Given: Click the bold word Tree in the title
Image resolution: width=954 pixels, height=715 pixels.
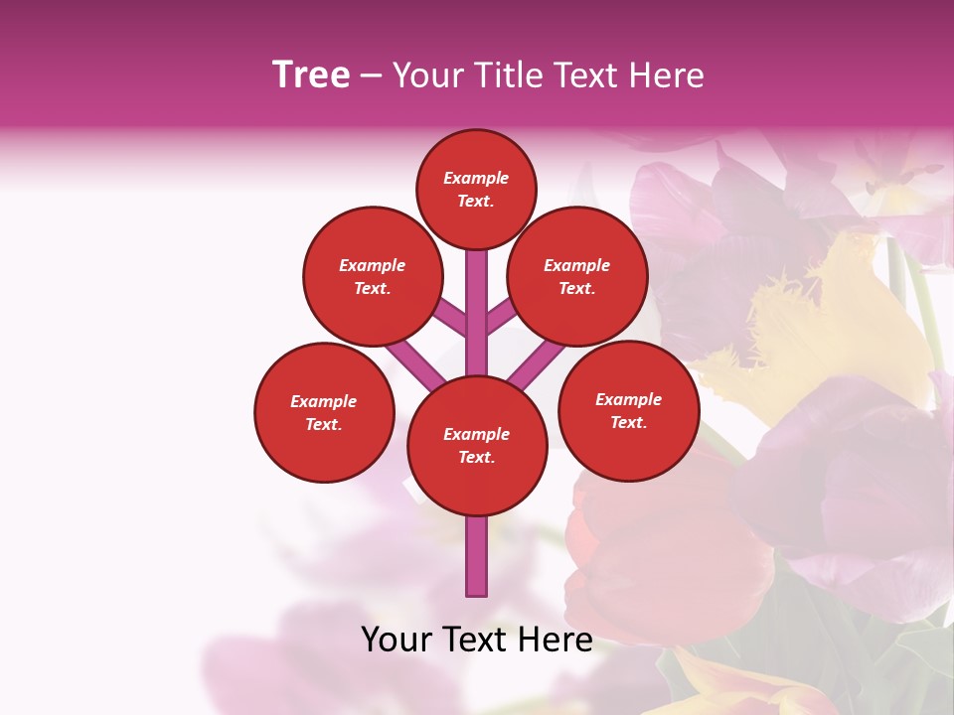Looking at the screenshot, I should pos(311,75).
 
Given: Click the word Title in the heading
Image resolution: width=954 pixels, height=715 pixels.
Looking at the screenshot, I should pos(511,75).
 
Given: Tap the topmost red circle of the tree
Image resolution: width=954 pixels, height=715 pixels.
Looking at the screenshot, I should pos(476,189).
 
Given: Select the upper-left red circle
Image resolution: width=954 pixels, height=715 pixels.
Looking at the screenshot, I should pos(373,276).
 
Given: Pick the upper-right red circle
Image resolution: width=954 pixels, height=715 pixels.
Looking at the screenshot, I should pos(577,276).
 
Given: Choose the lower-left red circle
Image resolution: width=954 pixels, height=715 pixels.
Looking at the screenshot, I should pos(324,412).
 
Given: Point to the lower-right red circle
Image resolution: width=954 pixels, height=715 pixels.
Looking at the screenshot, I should pos(628,410).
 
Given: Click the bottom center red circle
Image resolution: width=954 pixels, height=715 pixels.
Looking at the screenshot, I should pos(476,445).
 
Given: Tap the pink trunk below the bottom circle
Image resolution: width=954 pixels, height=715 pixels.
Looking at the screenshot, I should pos(476,556).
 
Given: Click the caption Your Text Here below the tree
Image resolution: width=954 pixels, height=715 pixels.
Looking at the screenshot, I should pos(476,640).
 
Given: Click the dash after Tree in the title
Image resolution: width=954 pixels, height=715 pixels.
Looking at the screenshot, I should pos(371,75).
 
